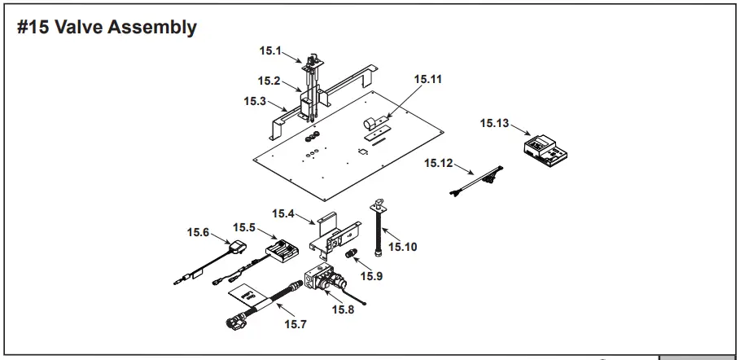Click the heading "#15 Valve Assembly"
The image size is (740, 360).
click(x=107, y=28)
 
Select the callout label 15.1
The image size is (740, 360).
click(x=270, y=50)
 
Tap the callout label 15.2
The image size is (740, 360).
click(x=269, y=81)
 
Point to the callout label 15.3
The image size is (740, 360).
click(x=255, y=101)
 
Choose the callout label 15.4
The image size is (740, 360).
click(x=283, y=213)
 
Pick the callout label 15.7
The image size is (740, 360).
click(x=295, y=325)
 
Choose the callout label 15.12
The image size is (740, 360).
click(x=438, y=164)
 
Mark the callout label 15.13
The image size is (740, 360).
click(x=494, y=123)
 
